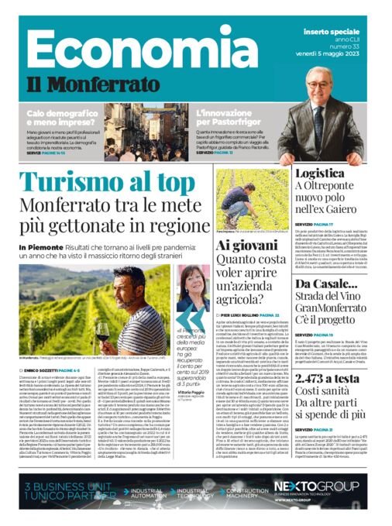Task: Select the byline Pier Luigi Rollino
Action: pos(246,316)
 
